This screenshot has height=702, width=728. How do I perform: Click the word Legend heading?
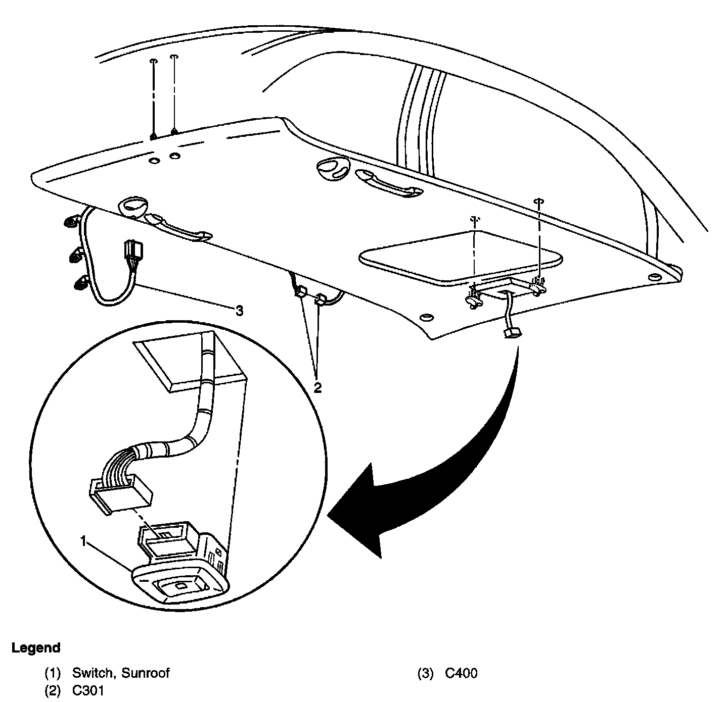35,647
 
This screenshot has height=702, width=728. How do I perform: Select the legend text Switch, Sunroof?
121,673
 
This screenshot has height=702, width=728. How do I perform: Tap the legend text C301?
88,690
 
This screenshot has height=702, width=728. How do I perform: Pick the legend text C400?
461,673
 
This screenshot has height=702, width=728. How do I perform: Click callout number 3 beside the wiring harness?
240,311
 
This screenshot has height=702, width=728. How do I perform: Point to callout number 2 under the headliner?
317,387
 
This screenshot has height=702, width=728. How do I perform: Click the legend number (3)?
425,673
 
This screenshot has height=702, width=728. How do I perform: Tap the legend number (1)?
53,673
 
